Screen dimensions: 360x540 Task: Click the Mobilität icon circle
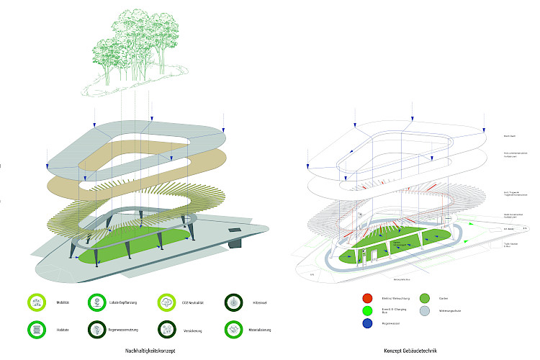point(35,303)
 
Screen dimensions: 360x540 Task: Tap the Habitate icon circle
point(35,329)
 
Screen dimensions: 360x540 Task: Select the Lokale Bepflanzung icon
point(97,303)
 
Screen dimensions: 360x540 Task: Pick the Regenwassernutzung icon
point(97,329)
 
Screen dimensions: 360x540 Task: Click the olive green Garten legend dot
point(424,298)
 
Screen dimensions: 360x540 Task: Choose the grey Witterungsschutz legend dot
point(424,311)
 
